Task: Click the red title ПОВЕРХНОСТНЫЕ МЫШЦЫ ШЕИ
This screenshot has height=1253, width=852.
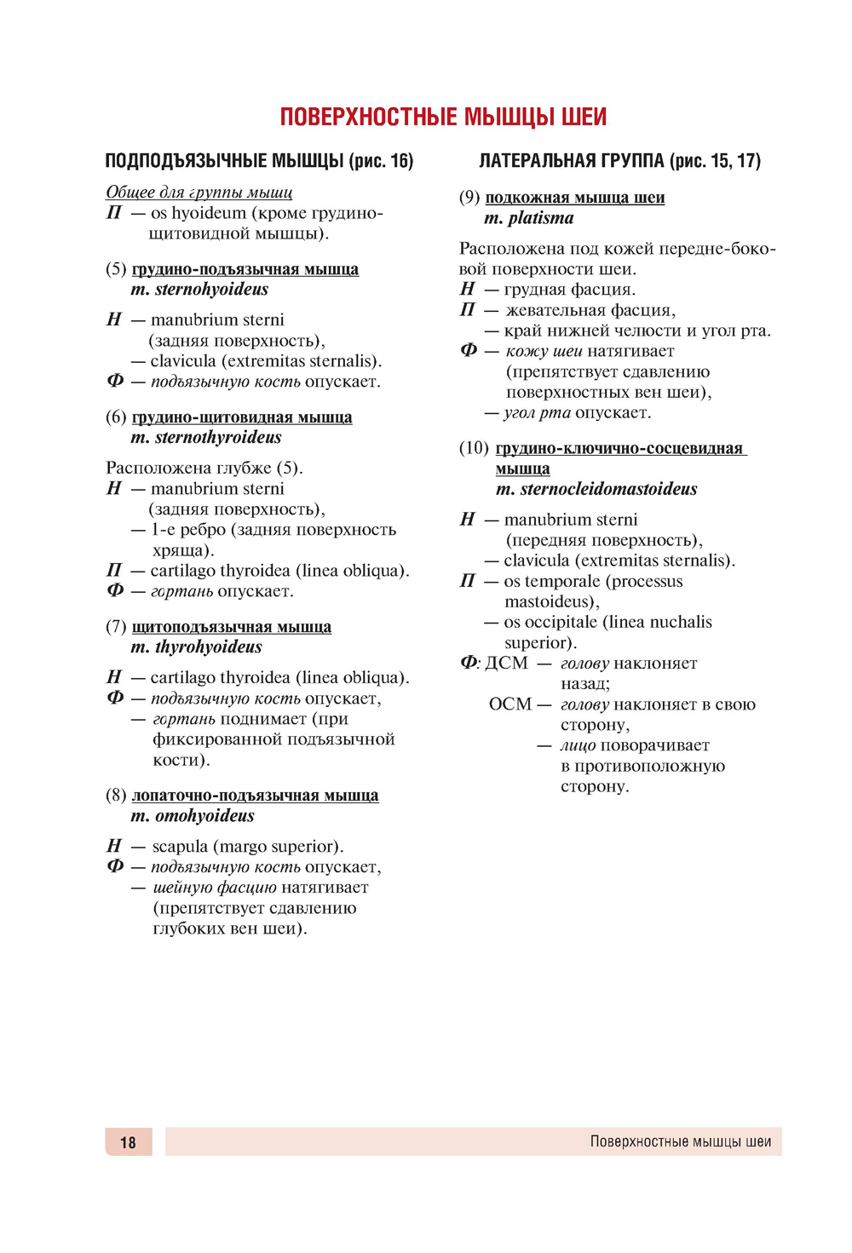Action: point(443,117)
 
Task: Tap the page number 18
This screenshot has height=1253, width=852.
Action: point(128,1142)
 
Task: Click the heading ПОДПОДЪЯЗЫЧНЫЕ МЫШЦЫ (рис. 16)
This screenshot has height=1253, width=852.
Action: point(259,161)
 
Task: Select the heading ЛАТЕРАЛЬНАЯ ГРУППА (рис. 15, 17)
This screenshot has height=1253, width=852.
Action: point(619,161)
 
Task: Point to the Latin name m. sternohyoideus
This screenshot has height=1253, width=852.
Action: point(199,290)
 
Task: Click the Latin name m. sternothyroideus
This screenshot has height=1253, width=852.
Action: point(206,438)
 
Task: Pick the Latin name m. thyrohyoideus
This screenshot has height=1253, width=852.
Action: point(196,647)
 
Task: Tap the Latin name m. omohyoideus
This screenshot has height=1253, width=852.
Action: point(193,816)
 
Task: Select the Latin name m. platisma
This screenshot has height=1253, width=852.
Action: point(529,218)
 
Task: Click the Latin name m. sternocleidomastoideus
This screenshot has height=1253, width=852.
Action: point(596,489)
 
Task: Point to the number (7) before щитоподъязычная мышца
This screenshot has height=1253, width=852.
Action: point(116,627)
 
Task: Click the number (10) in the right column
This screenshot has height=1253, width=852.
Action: point(474,448)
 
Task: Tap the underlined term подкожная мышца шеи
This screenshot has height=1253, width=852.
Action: point(575,198)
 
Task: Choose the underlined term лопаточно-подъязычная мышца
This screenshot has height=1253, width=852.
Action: point(255,796)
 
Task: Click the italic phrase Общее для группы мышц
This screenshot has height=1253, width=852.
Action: point(199,193)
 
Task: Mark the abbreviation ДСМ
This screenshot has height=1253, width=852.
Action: point(506,663)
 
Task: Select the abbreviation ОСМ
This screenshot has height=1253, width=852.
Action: point(509,704)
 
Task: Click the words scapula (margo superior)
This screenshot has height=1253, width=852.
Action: point(248,847)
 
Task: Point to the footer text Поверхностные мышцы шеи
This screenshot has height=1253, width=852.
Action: point(680,1142)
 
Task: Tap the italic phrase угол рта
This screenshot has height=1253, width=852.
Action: point(537,413)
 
